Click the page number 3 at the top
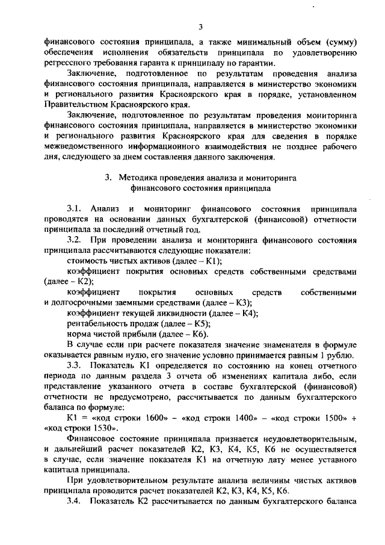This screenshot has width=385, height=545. tap(202, 25)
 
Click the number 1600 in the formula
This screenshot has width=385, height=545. tap(147, 418)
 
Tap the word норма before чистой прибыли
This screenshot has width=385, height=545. tap(79, 334)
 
